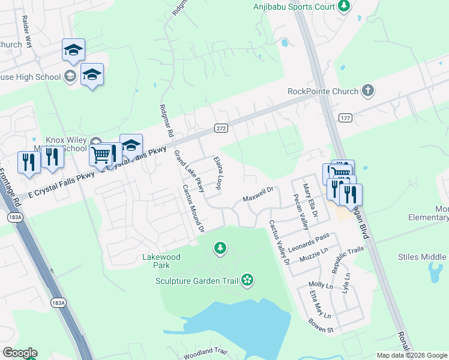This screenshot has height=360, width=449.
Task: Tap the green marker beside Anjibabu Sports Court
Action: point(343,7)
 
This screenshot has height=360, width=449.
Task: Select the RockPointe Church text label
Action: point(322,91)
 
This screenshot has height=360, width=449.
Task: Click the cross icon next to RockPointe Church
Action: point(368,91)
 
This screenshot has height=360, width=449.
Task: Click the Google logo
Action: point(20,353)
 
